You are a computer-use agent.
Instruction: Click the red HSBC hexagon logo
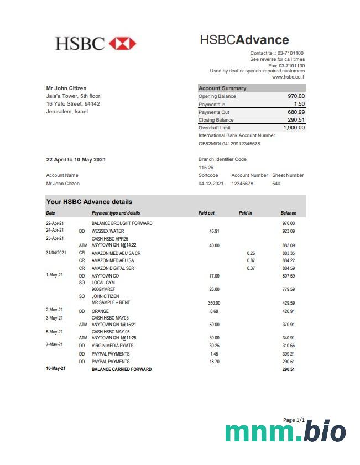pos(122,44)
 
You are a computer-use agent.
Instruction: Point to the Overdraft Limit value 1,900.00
pos(294,128)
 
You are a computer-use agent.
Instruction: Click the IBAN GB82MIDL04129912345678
pos(229,144)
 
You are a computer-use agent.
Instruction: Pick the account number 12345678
pos(242,184)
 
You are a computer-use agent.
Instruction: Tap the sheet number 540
pos(276,184)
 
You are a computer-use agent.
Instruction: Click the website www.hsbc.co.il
pos(288,77)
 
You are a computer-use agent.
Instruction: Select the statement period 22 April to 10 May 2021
pos(76,160)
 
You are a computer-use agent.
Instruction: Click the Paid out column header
pos(206,213)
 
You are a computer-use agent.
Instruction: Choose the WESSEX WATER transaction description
pos(108,231)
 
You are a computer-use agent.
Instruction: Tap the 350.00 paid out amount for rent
pos(213,303)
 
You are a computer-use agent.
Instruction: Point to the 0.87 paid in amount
pos(251,260)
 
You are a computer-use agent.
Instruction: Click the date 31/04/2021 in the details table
pos(56,253)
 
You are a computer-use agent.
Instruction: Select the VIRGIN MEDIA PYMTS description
pos(112,346)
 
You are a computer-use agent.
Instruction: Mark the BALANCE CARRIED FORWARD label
pos(121,369)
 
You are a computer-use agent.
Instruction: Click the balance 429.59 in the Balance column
pos(288,303)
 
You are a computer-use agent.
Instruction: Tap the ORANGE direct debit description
pos(100,311)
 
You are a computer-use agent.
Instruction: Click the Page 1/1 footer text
pos(294,420)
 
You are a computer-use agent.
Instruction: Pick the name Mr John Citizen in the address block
pos(66,88)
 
